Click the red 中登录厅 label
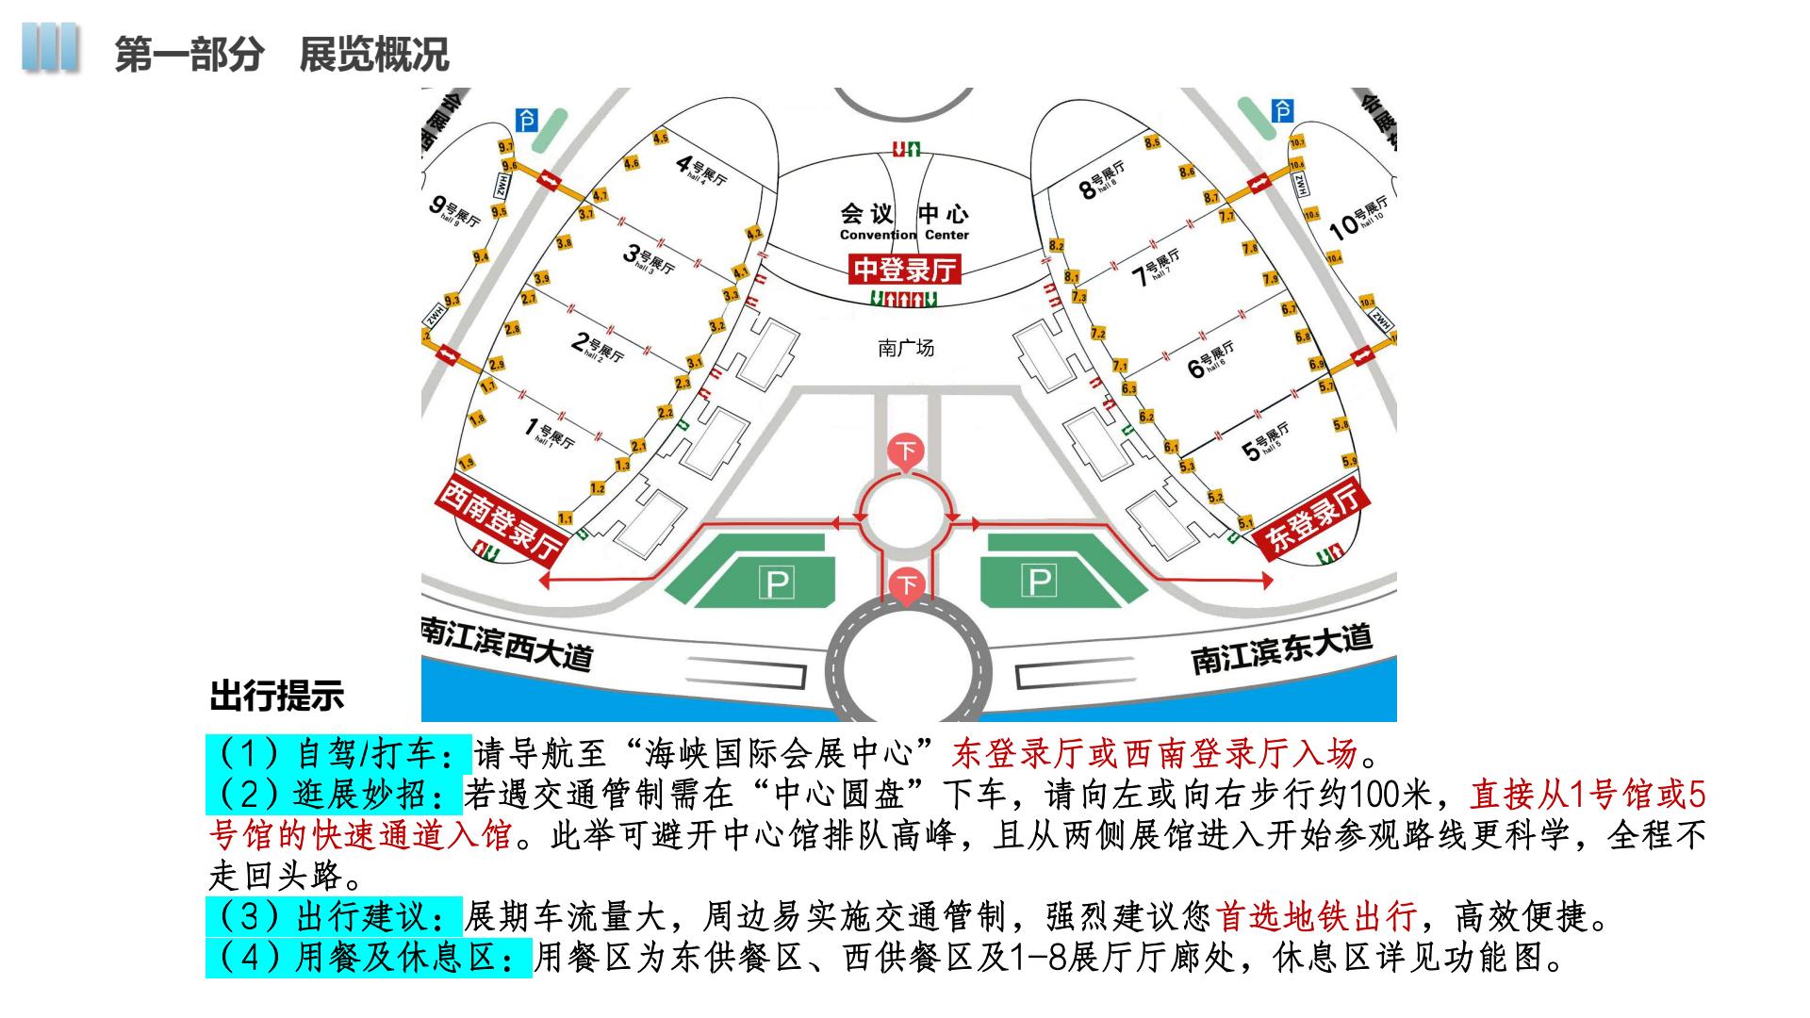pos(905,270)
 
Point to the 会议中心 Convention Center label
pos(904,222)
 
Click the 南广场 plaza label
pos(906,349)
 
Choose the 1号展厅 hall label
pos(550,433)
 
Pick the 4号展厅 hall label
pos(702,170)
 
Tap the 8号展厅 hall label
pos(1102,180)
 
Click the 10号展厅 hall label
pos(1358,217)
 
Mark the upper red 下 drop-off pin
pos(907,451)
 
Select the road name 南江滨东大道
pos(1282,648)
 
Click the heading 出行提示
pos(277,697)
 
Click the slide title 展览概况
pos(374,55)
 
